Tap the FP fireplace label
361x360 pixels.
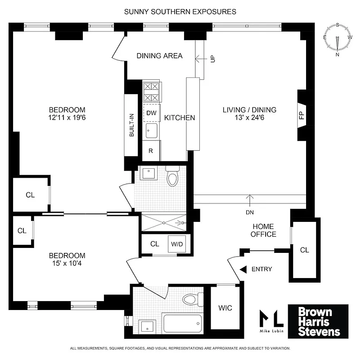pyautogui.click(x=301, y=115)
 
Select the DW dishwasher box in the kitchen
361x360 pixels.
pyautogui.click(x=151, y=113)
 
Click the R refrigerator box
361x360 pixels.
pyautogui.click(x=151, y=151)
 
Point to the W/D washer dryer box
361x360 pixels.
pyautogui.click(x=176, y=244)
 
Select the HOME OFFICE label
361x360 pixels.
pyautogui.click(x=263, y=230)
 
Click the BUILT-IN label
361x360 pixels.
pyautogui.click(x=132, y=125)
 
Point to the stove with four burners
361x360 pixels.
pyautogui.click(x=151, y=92)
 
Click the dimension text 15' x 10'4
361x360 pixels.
pyautogui.click(x=67, y=264)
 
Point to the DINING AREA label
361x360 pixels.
pyautogui.click(x=159, y=56)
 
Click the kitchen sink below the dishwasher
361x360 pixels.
pyautogui.click(x=151, y=131)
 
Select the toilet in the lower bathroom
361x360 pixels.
pyautogui.click(x=192, y=299)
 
